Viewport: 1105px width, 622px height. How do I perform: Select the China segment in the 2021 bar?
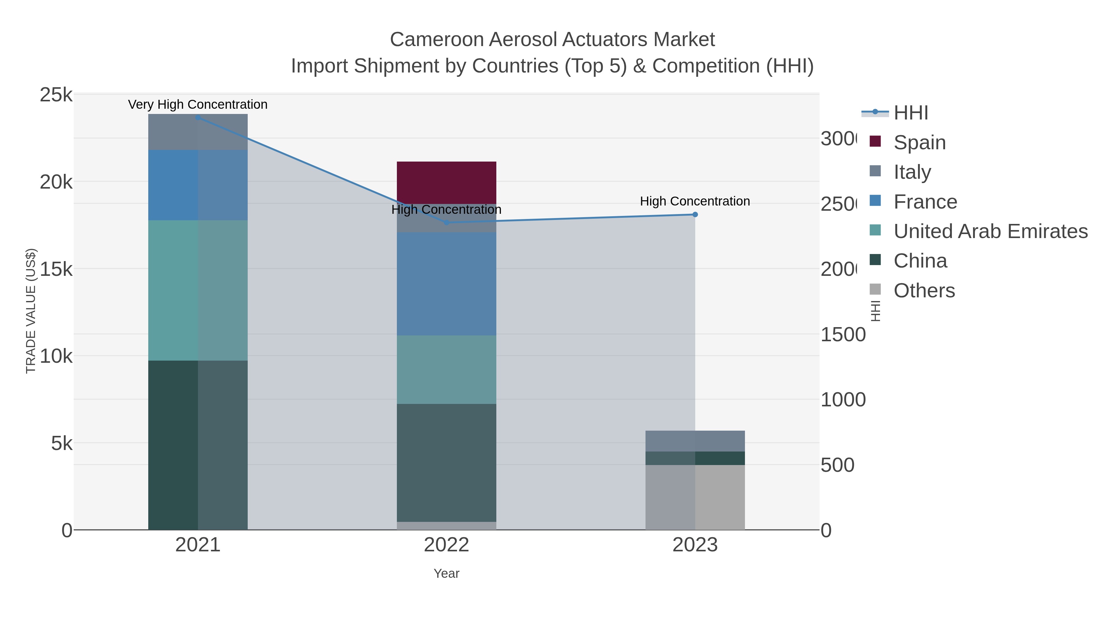coord(198,445)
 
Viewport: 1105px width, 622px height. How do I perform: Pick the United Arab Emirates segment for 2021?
coord(198,290)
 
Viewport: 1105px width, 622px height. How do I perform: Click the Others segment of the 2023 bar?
coord(695,497)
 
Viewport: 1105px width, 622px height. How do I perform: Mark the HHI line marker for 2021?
coord(198,118)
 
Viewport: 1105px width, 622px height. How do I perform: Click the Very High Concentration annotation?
coord(198,104)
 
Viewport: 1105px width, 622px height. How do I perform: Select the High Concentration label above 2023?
coord(695,201)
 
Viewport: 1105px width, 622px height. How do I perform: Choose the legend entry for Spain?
coord(919,142)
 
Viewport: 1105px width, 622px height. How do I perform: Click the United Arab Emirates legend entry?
coord(990,231)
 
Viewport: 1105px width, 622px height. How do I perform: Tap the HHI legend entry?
coord(910,113)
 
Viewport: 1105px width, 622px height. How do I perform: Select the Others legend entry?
coord(924,291)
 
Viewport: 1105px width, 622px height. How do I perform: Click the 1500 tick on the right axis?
coord(843,335)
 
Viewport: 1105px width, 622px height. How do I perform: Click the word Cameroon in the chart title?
coord(437,40)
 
